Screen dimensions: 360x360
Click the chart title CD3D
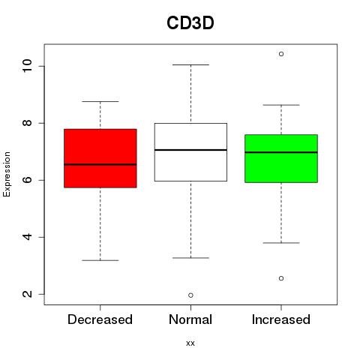coord(190,23)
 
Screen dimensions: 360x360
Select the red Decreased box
coord(100,158)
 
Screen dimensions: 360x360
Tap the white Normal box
coord(190,152)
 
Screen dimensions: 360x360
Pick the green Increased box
coord(281,158)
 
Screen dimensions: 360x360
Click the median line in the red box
coord(100,164)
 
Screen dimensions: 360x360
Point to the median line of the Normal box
coord(190,150)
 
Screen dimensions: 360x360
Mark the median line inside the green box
coord(281,152)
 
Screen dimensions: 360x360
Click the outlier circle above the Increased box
coord(281,54)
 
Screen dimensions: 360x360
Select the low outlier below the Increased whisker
coord(281,278)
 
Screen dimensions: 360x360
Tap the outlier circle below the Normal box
coord(190,295)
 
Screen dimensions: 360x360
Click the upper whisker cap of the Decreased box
coord(100,101)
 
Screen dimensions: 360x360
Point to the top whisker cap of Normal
coord(190,64)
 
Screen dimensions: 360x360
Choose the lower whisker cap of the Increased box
coord(281,243)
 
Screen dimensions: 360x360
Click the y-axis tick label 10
coord(28,66)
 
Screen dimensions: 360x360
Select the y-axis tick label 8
coord(28,123)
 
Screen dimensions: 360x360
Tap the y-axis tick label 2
coord(28,294)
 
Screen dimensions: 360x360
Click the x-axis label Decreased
coord(100,319)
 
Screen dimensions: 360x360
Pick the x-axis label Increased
coord(281,319)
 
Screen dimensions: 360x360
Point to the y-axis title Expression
coord(7,174)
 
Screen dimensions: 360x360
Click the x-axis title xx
coord(190,343)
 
